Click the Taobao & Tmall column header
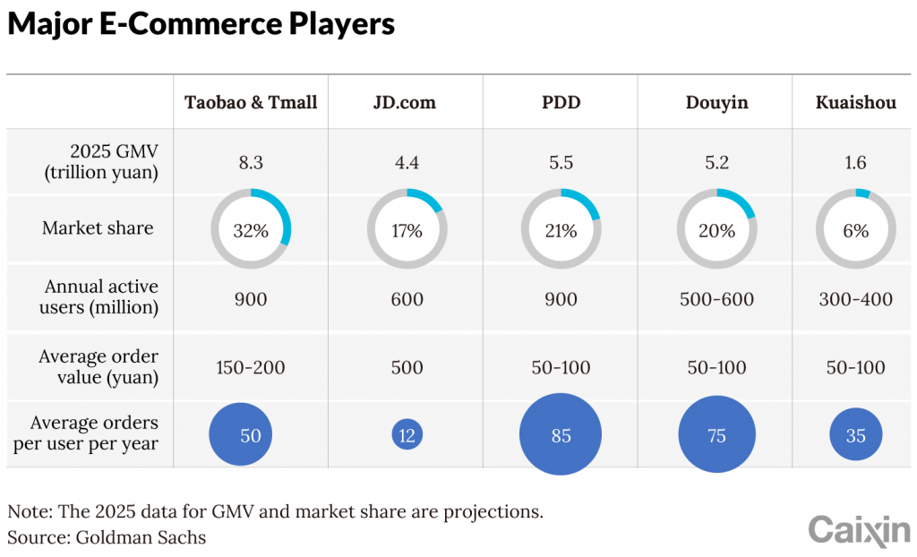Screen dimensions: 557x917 tap(251, 102)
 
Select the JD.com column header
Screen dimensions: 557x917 tap(405, 102)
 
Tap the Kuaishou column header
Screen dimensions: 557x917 tap(855, 102)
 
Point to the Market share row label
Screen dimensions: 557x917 tap(98, 228)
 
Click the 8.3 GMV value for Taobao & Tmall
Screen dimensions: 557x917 tap(251, 163)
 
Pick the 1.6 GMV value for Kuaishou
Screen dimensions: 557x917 tap(855, 163)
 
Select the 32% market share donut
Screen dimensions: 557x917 tap(251, 230)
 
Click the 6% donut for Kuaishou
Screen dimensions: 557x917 tap(855, 230)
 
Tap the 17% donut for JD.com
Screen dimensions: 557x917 tap(407, 230)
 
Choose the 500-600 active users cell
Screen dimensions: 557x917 tap(716, 299)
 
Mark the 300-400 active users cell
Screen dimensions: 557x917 tap(855, 299)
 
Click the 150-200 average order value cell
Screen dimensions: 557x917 tap(251, 367)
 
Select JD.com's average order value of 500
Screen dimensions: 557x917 tap(407, 367)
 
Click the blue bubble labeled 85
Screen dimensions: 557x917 tap(561, 436)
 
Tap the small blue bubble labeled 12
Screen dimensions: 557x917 tap(407, 436)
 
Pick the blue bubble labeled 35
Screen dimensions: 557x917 tap(855, 436)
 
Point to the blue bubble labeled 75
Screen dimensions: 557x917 tap(716, 436)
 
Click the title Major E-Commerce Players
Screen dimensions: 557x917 tap(201, 24)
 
